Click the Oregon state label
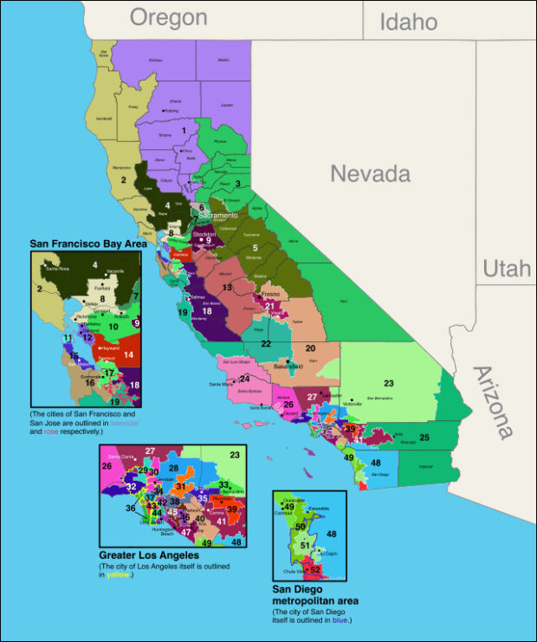[169, 17]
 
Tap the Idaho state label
[407, 21]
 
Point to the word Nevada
[370, 174]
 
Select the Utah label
[506, 269]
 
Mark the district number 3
[237, 183]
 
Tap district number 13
[227, 286]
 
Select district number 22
[266, 344]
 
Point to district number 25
[424, 438]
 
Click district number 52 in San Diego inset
[314, 569]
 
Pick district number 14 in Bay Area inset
[127, 354]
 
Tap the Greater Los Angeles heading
[150, 554]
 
